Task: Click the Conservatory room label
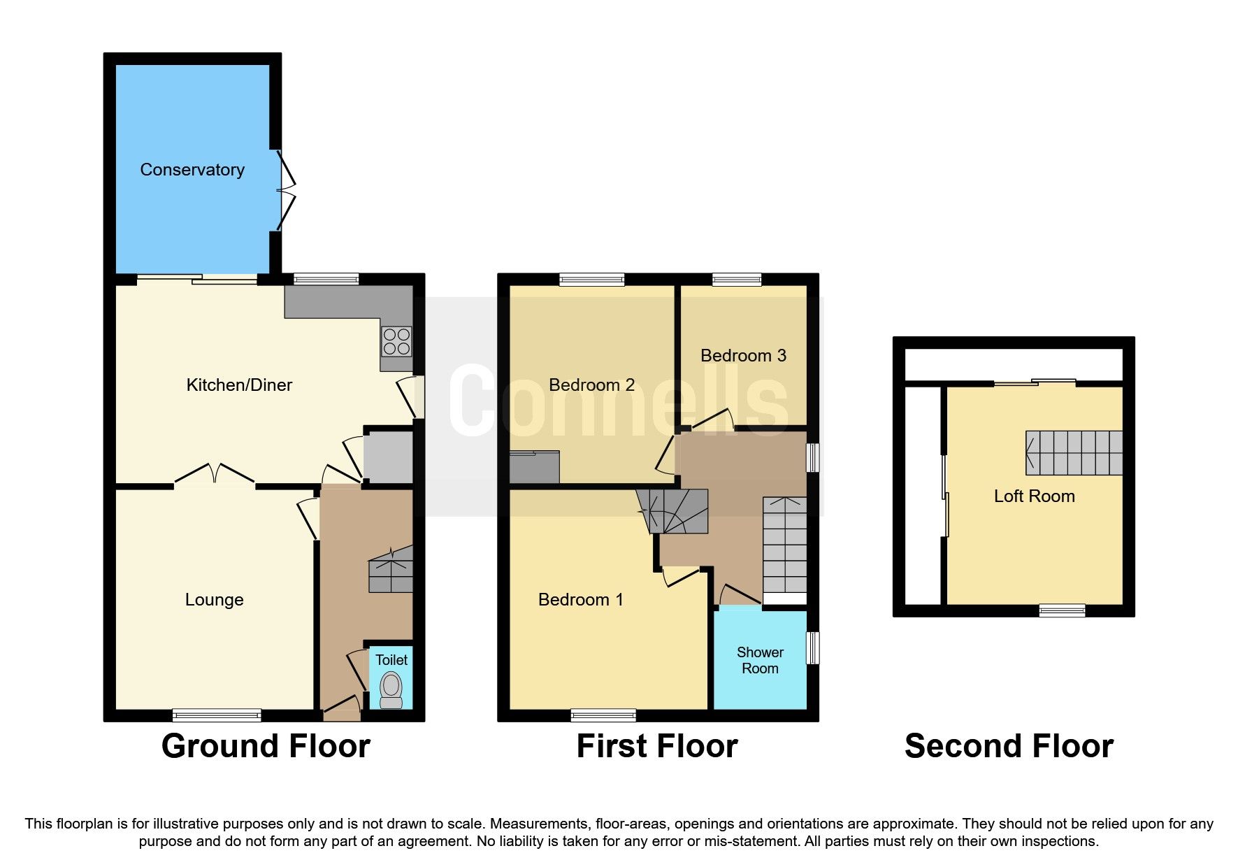coord(192,170)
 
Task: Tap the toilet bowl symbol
coord(391,689)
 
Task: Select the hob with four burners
coord(396,342)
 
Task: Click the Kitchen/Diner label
coord(239,385)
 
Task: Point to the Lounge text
coord(214,600)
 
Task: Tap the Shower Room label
coord(760,660)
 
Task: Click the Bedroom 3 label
coord(743,356)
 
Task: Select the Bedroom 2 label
coord(591,385)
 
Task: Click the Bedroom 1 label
coord(580,600)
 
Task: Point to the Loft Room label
coord(1034,496)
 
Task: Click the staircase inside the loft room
coord(1074,453)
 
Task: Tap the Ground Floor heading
coord(266,746)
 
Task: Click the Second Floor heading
coord(1009,746)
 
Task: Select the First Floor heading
coord(657,746)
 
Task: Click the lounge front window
coord(217,715)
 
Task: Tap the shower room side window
coord(812,648)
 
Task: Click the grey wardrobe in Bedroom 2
coord(535,467)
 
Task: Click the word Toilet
coord(391,660)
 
